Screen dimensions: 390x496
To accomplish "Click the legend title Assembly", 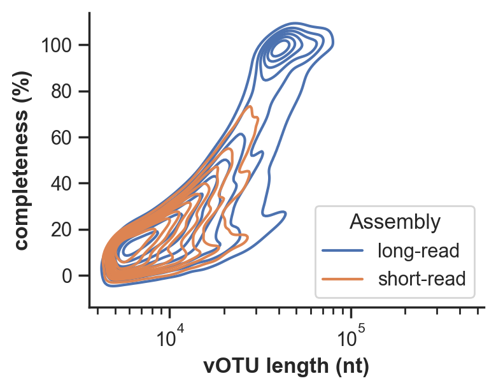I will (x=395, y=222).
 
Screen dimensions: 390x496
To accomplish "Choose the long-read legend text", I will (x=417, y=250).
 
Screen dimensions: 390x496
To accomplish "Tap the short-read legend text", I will (x=421, y=278).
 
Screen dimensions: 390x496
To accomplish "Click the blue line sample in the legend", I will (x=343, y=251).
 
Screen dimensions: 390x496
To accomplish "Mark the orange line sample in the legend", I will (x=343, y=279).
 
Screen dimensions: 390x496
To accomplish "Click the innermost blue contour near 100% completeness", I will (x=281, y=48).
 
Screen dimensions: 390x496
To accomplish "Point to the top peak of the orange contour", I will (x=251, y=106).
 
